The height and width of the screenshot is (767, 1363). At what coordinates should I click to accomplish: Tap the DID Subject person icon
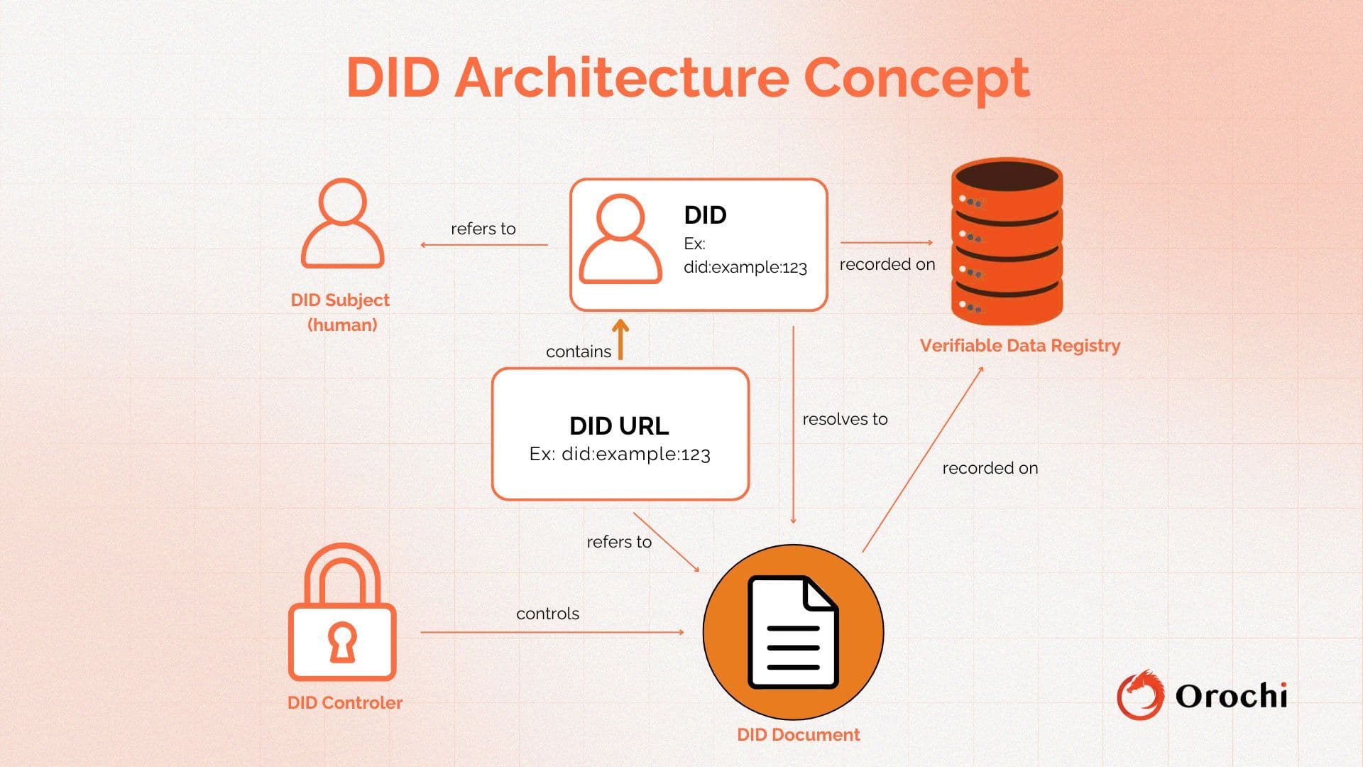[x=343, y=224]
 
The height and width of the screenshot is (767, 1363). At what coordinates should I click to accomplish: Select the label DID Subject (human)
[x=341, y=312]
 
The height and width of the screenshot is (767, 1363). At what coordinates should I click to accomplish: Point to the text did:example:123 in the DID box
[x=745, y=268]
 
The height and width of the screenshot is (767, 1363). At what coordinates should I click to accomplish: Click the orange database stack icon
[x=1006, y=241]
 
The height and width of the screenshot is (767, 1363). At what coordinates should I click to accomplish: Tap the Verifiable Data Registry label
[x=1019, y=346]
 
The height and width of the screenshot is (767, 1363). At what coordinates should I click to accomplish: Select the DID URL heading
[x=619, y=425]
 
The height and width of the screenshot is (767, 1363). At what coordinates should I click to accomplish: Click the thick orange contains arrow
[x=620, y=339]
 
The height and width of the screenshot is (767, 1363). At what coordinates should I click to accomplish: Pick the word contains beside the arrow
[x=578, y=352]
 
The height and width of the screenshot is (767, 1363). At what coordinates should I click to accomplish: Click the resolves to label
[x=845, y=419]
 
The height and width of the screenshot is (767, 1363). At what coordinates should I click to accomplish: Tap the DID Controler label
[x=345, y=702]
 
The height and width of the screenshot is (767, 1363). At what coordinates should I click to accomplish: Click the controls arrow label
[x=547, y=614]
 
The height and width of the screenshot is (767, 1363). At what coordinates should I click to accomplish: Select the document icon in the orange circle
[x=793, y=632]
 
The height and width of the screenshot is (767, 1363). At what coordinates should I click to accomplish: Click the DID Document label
[x=798, y=734]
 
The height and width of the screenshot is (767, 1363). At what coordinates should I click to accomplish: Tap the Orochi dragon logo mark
[x=1140, y=695]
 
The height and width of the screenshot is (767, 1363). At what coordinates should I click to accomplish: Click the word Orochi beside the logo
[x=1231, y=696]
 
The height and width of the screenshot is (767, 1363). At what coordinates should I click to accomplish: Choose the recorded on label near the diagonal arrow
[x=990, y=468]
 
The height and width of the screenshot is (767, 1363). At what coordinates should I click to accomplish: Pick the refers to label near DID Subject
[x=483, y=229]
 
